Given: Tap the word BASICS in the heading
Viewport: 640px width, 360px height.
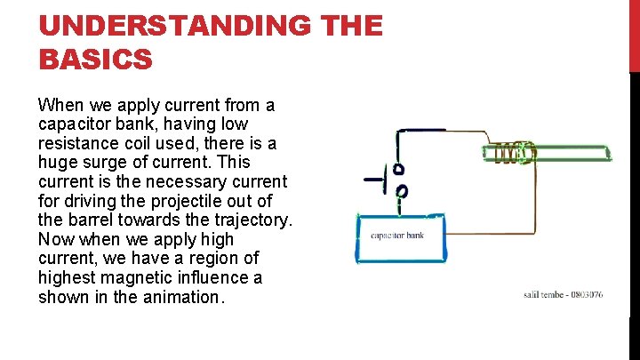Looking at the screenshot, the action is tap(96, 60).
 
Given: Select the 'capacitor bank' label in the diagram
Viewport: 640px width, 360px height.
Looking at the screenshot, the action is tap(397, 236).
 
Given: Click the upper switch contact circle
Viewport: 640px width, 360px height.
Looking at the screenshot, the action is tap(400, 169).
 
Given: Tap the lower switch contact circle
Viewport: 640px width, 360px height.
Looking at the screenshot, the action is tap(401, 190).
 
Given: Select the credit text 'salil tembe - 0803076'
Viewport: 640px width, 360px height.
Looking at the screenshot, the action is tap(564, 293).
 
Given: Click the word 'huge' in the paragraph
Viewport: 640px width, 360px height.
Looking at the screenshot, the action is tap(59, 163).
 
